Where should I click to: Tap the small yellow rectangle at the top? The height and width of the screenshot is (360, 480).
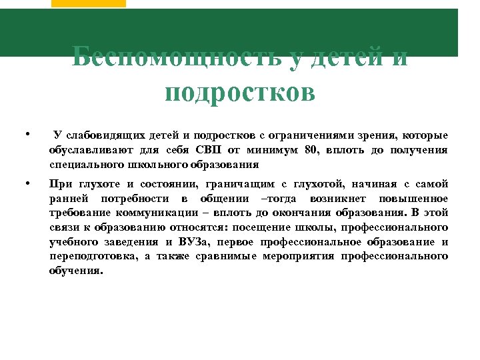click(x=88, y=3)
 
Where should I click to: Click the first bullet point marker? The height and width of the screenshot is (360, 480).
click(x=25, y=135)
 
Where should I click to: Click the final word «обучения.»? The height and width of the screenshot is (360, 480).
click(x=76, y=271)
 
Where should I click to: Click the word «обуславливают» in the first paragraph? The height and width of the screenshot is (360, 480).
click(x=89, y=150)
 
